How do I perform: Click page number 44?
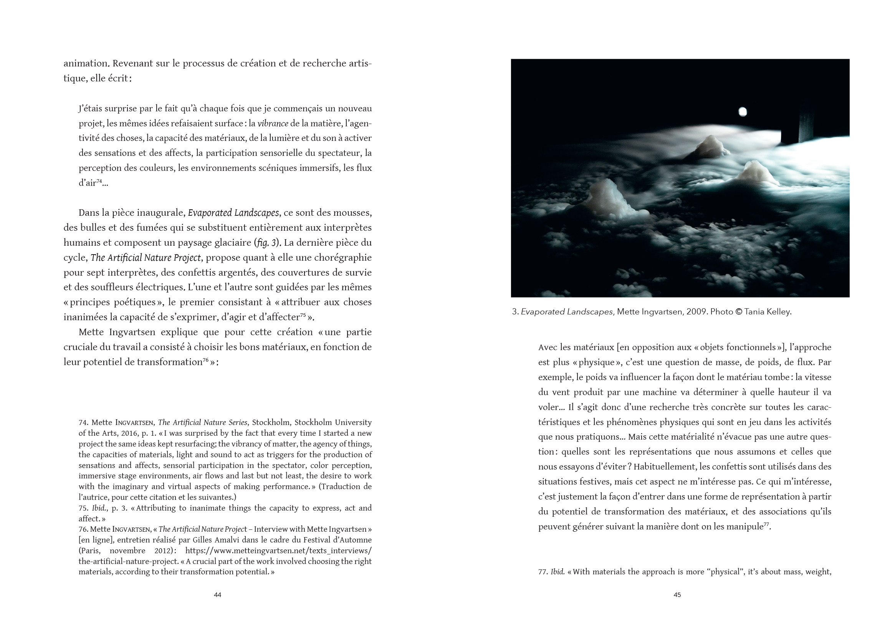[x=217, y=595]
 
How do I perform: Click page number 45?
[x=677, y=595]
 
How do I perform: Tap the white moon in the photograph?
[x=742, y=112]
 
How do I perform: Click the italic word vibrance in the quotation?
[x=273, y=124]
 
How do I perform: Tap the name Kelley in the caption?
[x=779, y=312]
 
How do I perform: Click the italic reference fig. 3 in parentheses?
[x=267, y=243]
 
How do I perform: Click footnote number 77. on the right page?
[x=544, y=572]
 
